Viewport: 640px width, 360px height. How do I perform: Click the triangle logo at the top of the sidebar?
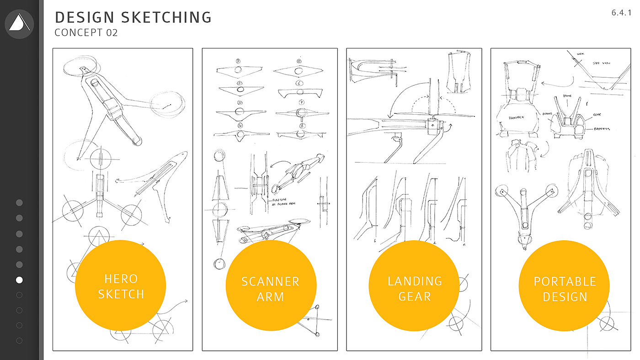[x=19, y=23]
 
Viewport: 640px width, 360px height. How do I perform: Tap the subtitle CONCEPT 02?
[x=86, y=33]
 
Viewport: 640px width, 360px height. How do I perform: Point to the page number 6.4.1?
[x=621, y=13]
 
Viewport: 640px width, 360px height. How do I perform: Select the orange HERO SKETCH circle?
[x=120, y=286]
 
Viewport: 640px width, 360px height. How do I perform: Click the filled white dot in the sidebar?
[x=19, y=280]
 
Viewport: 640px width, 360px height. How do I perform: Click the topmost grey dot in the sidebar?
[x=19, y=202]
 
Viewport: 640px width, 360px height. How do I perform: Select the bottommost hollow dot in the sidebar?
[x=19, y=340]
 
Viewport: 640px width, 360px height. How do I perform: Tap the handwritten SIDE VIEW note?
[x=603, y=64]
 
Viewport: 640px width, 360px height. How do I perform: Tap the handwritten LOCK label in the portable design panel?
[x=581, y=53]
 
